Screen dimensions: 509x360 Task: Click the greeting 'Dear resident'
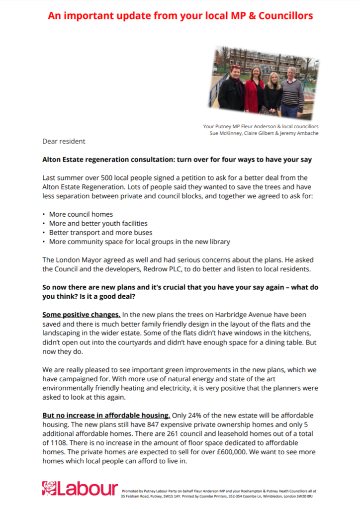64,141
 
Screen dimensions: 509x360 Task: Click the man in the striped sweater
292,92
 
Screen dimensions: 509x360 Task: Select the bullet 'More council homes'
81,214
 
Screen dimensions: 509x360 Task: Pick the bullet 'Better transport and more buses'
100,232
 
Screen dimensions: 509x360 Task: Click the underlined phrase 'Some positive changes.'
81,315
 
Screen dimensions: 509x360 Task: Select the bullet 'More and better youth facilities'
98,223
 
